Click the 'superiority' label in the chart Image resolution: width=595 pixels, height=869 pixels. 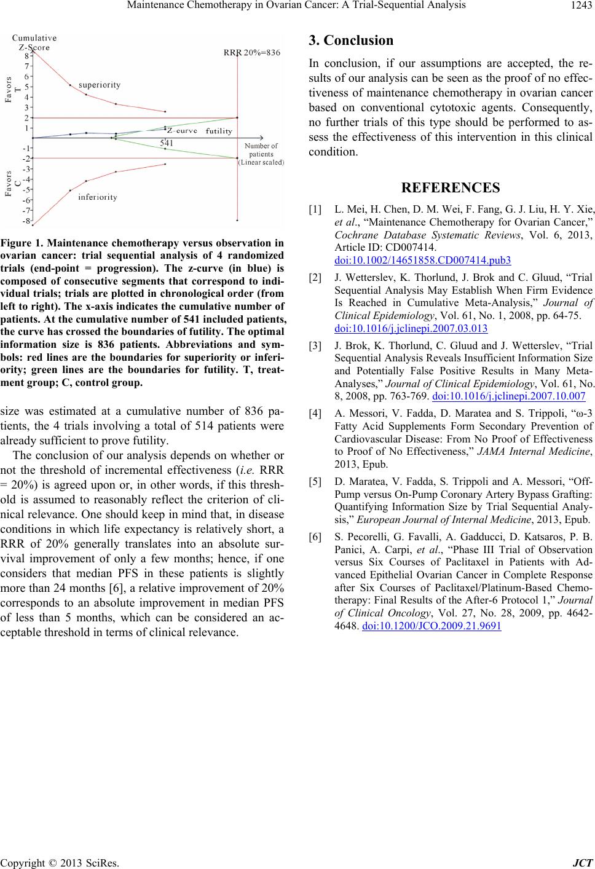[x=100, y=85]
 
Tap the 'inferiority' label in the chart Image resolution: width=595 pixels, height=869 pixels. [x=98, y=197]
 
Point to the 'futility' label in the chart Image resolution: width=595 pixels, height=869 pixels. [x=219, y=131]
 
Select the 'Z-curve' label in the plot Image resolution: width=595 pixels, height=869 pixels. [x=183, y=130]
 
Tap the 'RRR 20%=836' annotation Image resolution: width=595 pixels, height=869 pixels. [x=252, y=53]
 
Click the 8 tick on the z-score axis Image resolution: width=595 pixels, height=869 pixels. [x=26, y=55]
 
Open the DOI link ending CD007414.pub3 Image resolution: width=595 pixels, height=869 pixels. [x=423, y=261]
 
